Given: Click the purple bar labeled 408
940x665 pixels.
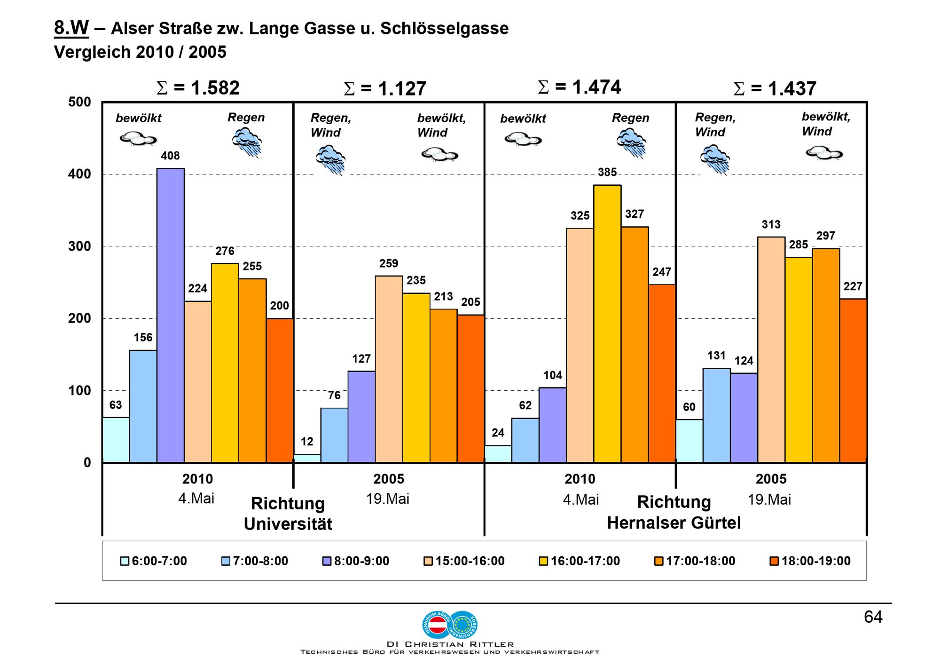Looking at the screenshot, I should click(x=171, y=315).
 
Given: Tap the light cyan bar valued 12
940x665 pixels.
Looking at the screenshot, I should click(x=307, y=458).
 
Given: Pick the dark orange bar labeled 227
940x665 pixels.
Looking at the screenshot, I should click(x=853, y=380).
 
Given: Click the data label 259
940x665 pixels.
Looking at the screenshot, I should click(x=389, y=263).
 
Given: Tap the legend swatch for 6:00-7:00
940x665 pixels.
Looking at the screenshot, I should click(x=125, y=561).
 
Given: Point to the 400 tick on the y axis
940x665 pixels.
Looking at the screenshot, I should click(x=79, y=174).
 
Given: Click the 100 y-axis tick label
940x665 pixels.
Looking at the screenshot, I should click(x=79, y=390).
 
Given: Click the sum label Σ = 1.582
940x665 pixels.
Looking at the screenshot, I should click(x=198, y=88).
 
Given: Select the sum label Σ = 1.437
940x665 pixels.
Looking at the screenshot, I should click(x=775, y=88).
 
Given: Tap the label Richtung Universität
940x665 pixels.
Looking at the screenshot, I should click(x=288, y=514).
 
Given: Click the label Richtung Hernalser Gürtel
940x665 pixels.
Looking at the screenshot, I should click(x=674, y=513).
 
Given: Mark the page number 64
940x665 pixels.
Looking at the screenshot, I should click(x=873, y=617).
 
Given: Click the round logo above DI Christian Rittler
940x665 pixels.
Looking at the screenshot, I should click(x=450, y=624).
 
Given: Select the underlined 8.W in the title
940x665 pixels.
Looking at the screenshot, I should click(x=71, y=28).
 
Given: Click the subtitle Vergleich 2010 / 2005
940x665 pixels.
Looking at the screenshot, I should click(x=140, y=52).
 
